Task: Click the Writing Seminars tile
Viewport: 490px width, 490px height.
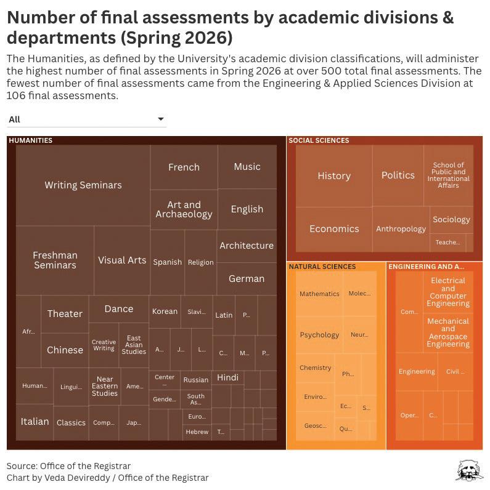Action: (83, 185)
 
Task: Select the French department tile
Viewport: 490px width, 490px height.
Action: (184, 167)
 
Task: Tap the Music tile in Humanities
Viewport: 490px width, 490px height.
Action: (247, 166)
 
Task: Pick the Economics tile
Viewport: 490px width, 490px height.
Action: (334, 228)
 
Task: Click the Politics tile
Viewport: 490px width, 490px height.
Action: (398, 175)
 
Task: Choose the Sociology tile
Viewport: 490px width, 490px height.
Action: (451, 219)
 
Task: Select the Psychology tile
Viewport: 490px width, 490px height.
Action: (319, 335)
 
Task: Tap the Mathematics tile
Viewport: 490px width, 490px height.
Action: (319, 294)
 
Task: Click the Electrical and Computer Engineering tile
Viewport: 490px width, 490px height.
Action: (448, 292)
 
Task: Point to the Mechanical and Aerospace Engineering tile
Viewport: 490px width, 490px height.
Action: (448, 332)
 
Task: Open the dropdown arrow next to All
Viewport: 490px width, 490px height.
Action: (161, 119)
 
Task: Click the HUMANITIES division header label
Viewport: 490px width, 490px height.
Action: (31, 140)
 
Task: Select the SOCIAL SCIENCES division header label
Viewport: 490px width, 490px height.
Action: (319, 140)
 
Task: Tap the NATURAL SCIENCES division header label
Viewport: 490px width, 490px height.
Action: (322, 267)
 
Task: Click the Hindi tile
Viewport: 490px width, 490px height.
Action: (227, 377)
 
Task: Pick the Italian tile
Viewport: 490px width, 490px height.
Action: (35, 422)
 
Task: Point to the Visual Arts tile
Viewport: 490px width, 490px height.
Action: (122, 260)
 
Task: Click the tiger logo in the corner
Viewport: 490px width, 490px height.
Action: (469, 470)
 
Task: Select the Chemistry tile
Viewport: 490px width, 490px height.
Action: (316, 367)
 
